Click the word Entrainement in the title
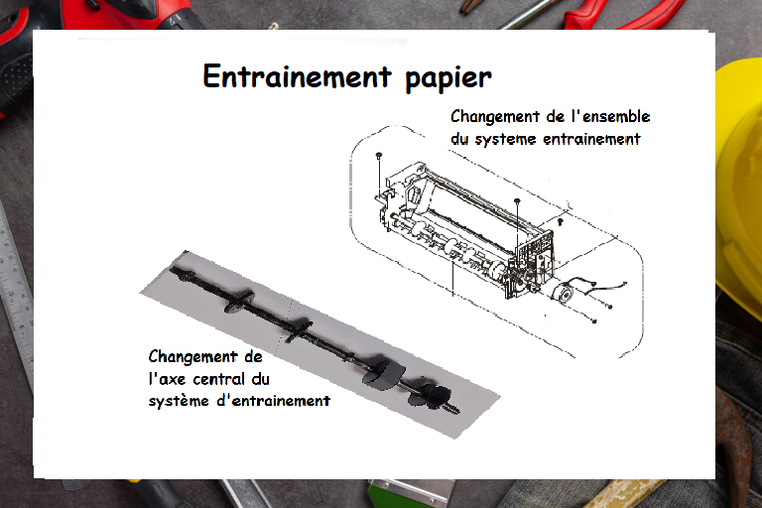[297, 76]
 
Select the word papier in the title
[448, 78]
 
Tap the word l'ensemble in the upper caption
[610, 117]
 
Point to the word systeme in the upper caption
[505, 140]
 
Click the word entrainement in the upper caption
[591, 139]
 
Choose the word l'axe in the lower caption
[167, 379]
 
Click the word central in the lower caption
[218, 379]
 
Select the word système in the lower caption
[179, 401]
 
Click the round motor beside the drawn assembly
[563, 293]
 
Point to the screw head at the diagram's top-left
[379, 155]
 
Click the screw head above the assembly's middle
[517, 200]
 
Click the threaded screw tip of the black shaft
[453, 408]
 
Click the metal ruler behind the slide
[15, 292]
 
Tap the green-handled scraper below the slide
[411, 493]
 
